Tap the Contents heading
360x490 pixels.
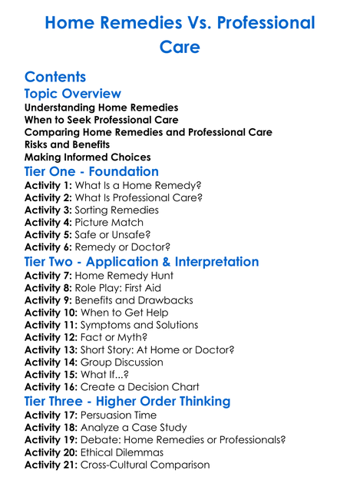tap(55, 77)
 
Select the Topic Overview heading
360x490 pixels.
tap(73, 94)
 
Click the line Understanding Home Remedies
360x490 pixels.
tap(101, 108)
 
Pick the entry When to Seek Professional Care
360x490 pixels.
tap(101, 120)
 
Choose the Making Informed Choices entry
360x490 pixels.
tap(87, 157)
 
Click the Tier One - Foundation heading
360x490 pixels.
tap(92, 171)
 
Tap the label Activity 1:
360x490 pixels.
tap(48, 185)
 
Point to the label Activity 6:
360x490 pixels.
tap(48, 247)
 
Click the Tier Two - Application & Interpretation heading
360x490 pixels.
tap(142, 261)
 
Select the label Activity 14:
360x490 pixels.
tap(51, 362)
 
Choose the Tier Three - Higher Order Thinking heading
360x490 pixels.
tap(127, 401)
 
